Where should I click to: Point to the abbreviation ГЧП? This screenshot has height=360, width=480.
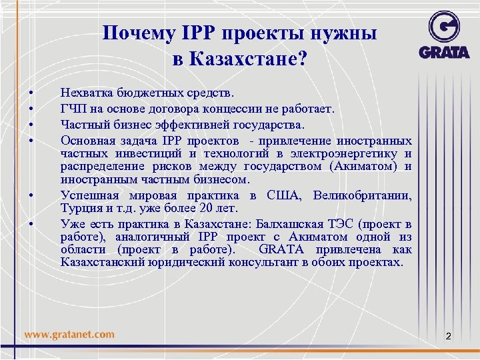pos(72,109)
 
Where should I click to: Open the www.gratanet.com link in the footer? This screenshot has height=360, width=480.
pos(69,335)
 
